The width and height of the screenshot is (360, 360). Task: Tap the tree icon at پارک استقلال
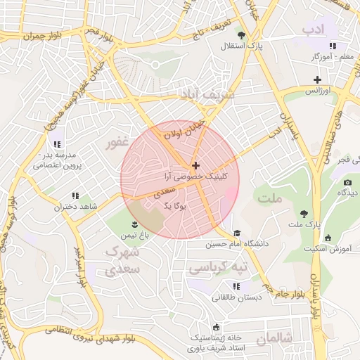point(241,35)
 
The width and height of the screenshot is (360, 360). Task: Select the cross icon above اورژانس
point(317,79)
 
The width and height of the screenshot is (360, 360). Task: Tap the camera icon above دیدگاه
point(347,183)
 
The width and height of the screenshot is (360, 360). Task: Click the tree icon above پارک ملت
point(304,212)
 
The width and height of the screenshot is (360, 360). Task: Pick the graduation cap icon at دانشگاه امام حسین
point(237,233)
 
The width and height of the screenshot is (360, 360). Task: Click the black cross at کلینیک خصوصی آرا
point(195,165)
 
